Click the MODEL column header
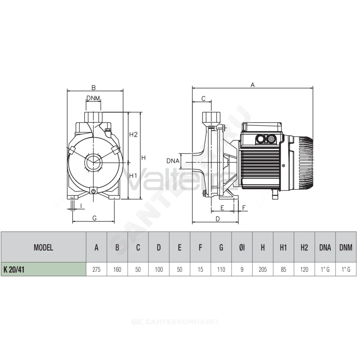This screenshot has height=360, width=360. [x=44, y=248]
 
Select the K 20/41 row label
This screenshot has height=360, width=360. [x=14, y=269]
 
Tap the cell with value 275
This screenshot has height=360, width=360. [x=96, y=269]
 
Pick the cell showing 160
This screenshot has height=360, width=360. [x=117, y=269]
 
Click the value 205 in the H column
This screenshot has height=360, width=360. [x=263, y=269]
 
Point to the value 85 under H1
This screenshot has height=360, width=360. [x=284, y=269]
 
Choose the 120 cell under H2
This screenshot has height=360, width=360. [x=304, y=269]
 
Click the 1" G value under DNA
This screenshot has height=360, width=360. [x=325, y=269]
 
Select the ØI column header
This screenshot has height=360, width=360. [x=242, y=248]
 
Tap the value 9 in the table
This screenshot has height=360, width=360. [x=242, y=269]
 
